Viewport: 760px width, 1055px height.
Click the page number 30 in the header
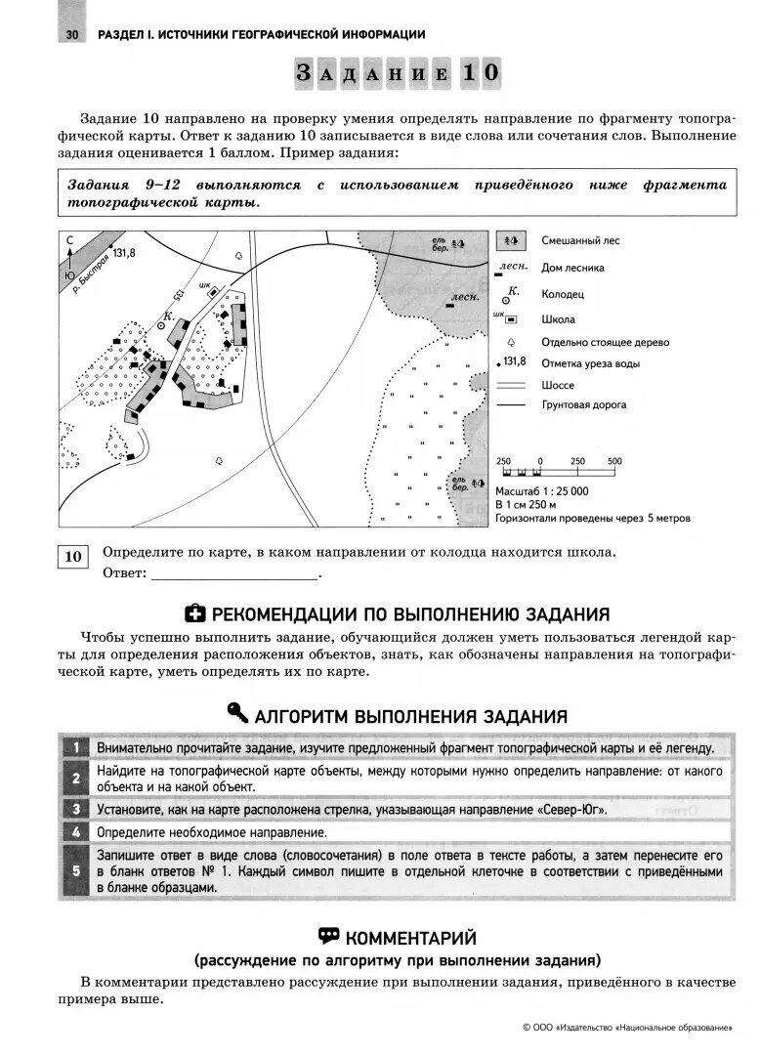point(71,35)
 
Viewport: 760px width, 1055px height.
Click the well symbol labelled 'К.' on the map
point(162,328)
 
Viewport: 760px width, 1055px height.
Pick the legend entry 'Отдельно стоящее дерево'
point(605,343)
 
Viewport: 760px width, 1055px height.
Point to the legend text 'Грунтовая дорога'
point(583,404)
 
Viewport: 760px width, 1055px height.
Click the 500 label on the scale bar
point(614,461)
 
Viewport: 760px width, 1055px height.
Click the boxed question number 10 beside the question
point(74,557)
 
